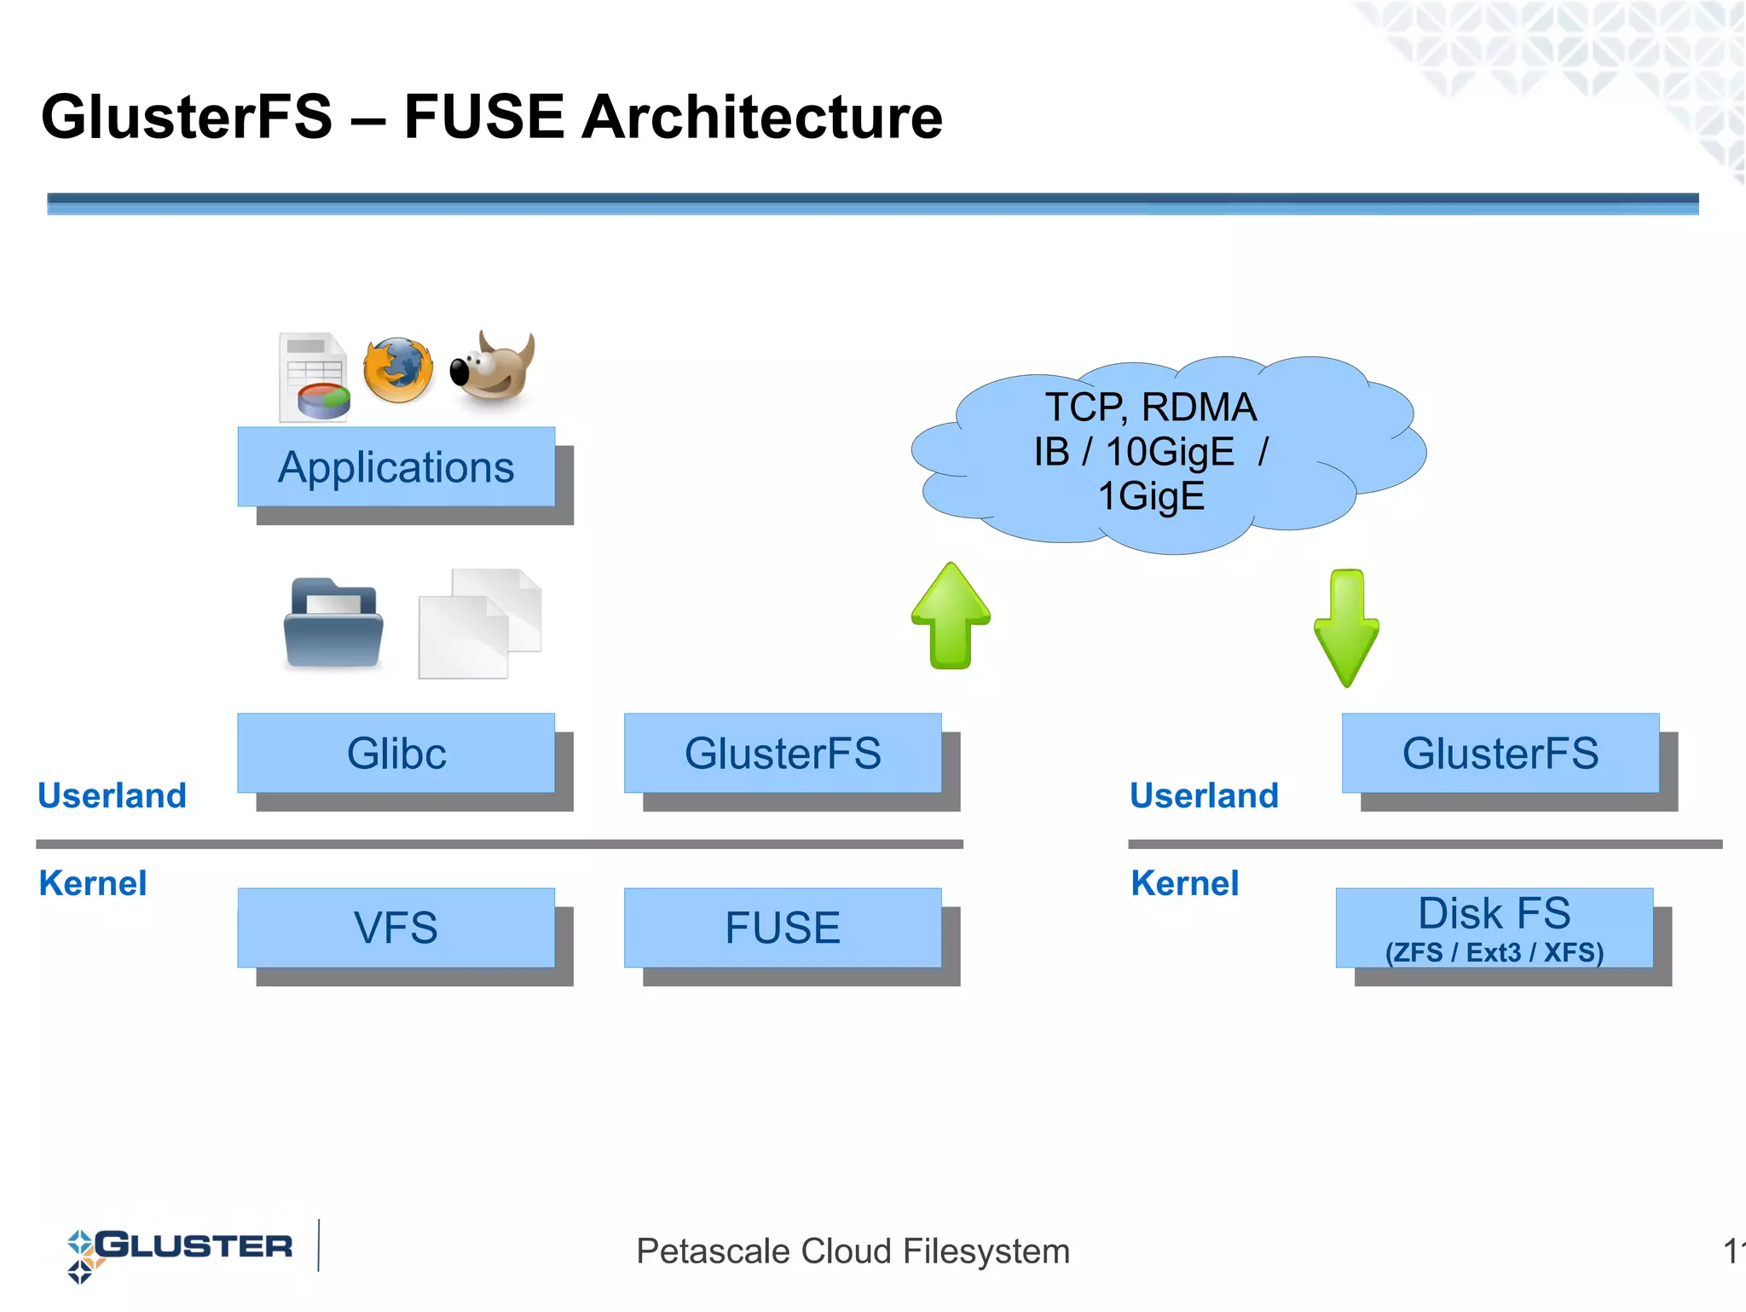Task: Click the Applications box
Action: [x=396, y=467]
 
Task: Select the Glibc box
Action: [x=396, y=754]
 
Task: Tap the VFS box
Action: [x=396, y=928]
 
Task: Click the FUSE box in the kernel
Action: [x=783, y=928]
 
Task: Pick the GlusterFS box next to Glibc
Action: [x=783, y=754]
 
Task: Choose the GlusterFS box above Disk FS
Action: [x=1500, y=754]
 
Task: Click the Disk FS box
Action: [x=1494, y=928]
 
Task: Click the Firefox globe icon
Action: [x=398, y=371]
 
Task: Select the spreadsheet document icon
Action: [x=314, y=378]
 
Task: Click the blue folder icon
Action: [x=333, y=623]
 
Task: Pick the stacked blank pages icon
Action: [x=479, y=623]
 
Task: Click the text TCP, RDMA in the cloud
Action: [x=1150, y=407]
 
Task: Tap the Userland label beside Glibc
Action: [x=112, y=795]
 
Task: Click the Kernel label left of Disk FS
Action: [x=1184, y=883]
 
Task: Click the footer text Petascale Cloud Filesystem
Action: [x=853, y=1251]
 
